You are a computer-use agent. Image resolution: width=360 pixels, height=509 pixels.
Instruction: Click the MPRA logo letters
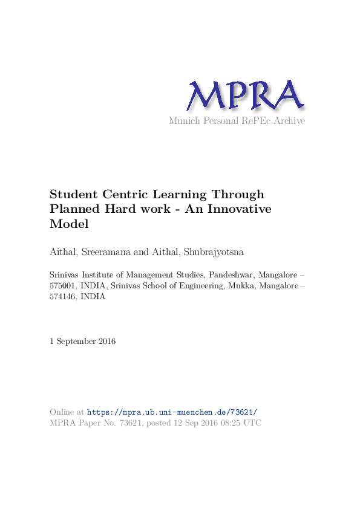244,96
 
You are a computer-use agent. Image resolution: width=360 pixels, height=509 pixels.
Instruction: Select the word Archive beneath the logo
289,121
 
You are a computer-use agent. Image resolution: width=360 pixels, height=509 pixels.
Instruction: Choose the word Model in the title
69,224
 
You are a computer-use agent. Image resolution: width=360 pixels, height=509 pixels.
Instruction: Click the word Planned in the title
74,209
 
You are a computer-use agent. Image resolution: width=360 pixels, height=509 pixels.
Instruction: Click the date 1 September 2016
82,342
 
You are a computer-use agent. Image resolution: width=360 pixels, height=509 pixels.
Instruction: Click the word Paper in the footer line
89,423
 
